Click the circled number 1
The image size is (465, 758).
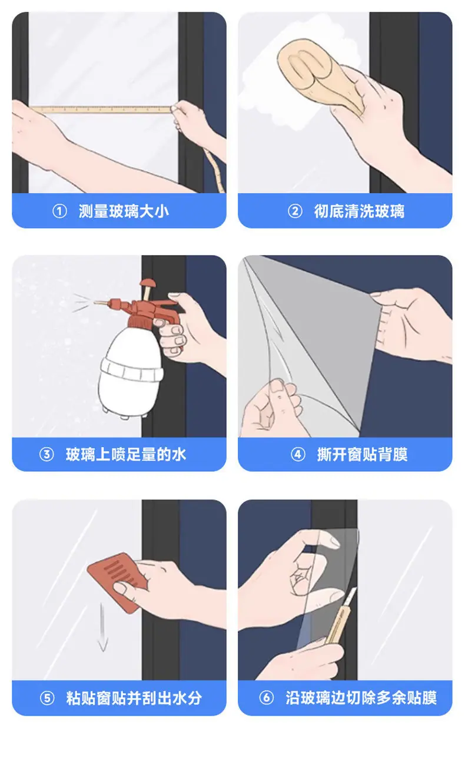click(59, 211)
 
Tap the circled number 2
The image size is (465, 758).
click(295, 211)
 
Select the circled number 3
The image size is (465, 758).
click(46, 454)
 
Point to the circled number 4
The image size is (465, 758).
click(298, 454)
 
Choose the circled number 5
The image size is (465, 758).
click(47, 698)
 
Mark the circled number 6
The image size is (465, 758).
click(267, 697)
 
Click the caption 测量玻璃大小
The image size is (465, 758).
click(124, 211)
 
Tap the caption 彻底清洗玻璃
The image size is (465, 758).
click(359, 211)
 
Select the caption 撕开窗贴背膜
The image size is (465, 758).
click(362, 454)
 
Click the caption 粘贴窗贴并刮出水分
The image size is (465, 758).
click(134, 698)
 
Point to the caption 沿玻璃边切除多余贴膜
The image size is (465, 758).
click(361, 697)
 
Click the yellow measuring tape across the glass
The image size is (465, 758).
click(101, 110)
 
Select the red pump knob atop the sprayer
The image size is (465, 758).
click(148, 284)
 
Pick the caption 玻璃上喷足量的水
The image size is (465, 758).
click(126, 454)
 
